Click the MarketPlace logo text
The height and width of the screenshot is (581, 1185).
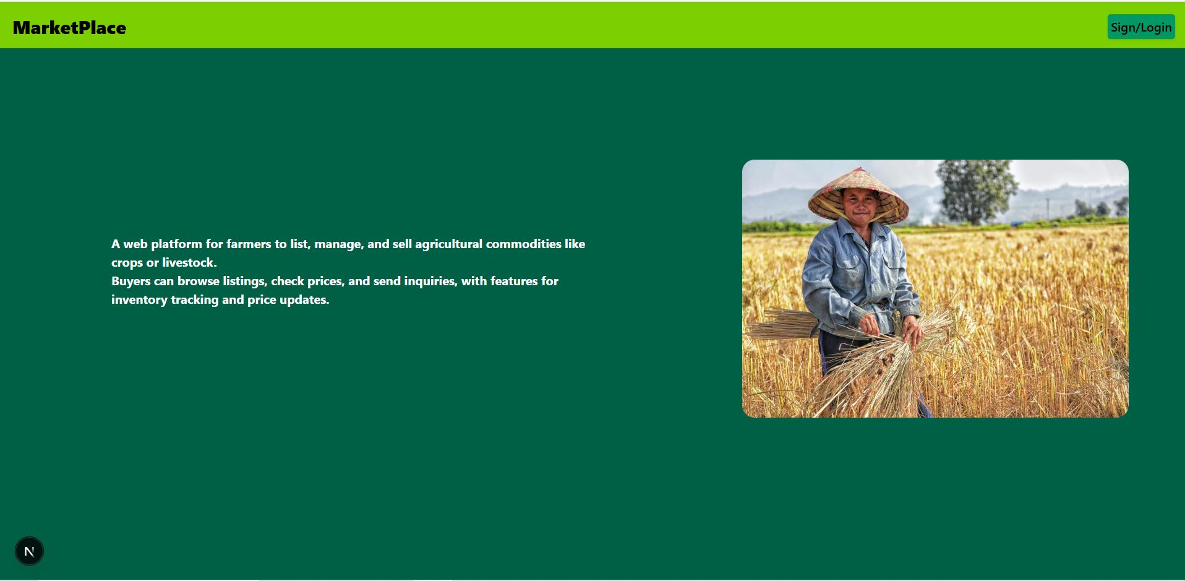pos(69,28)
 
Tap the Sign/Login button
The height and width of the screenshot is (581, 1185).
pos(1140,27)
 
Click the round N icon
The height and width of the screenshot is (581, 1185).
pos(29,551)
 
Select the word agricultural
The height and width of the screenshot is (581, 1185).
pos(448,244)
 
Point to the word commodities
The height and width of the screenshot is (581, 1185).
pos(523,244)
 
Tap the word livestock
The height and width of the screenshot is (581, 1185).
pos(189,262)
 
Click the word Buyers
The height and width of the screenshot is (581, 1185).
pos(131,281)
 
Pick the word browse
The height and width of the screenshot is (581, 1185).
pos(198,281)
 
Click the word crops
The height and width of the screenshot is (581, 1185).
pos(127,263)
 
